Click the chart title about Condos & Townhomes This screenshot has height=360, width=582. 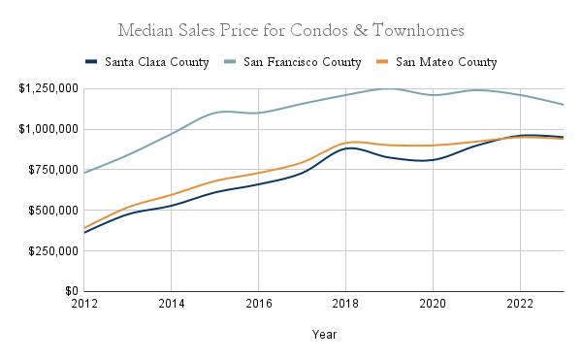(x=291, y=30)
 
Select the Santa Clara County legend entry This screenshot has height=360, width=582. (x=147, y=62)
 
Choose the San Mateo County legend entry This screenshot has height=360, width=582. (x=436, y=62)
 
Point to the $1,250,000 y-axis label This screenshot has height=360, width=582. (x=48, y=88)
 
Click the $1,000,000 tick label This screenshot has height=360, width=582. (x=48, y=129)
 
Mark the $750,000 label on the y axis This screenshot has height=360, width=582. (x=53, y=170)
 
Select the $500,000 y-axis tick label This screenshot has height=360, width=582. (x=53, y=211)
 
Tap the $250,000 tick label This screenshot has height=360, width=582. (x=53, y=251)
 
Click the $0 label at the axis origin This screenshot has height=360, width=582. (x=72, y=291)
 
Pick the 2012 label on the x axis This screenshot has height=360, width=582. (x=84, y=304)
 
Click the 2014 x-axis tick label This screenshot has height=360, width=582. (x=172, y=304)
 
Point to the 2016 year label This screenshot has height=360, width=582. (x=259, y=304)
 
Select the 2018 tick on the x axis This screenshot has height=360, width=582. (x=345, y=304)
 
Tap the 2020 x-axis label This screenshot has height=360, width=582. (x=433, y=304)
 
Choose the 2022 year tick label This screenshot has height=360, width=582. (x=520, y=304)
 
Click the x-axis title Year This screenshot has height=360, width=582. (x=324, y=335)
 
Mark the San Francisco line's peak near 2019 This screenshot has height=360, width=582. (x=389, y=88)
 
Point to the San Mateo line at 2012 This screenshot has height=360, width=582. (x=84, y=228)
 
